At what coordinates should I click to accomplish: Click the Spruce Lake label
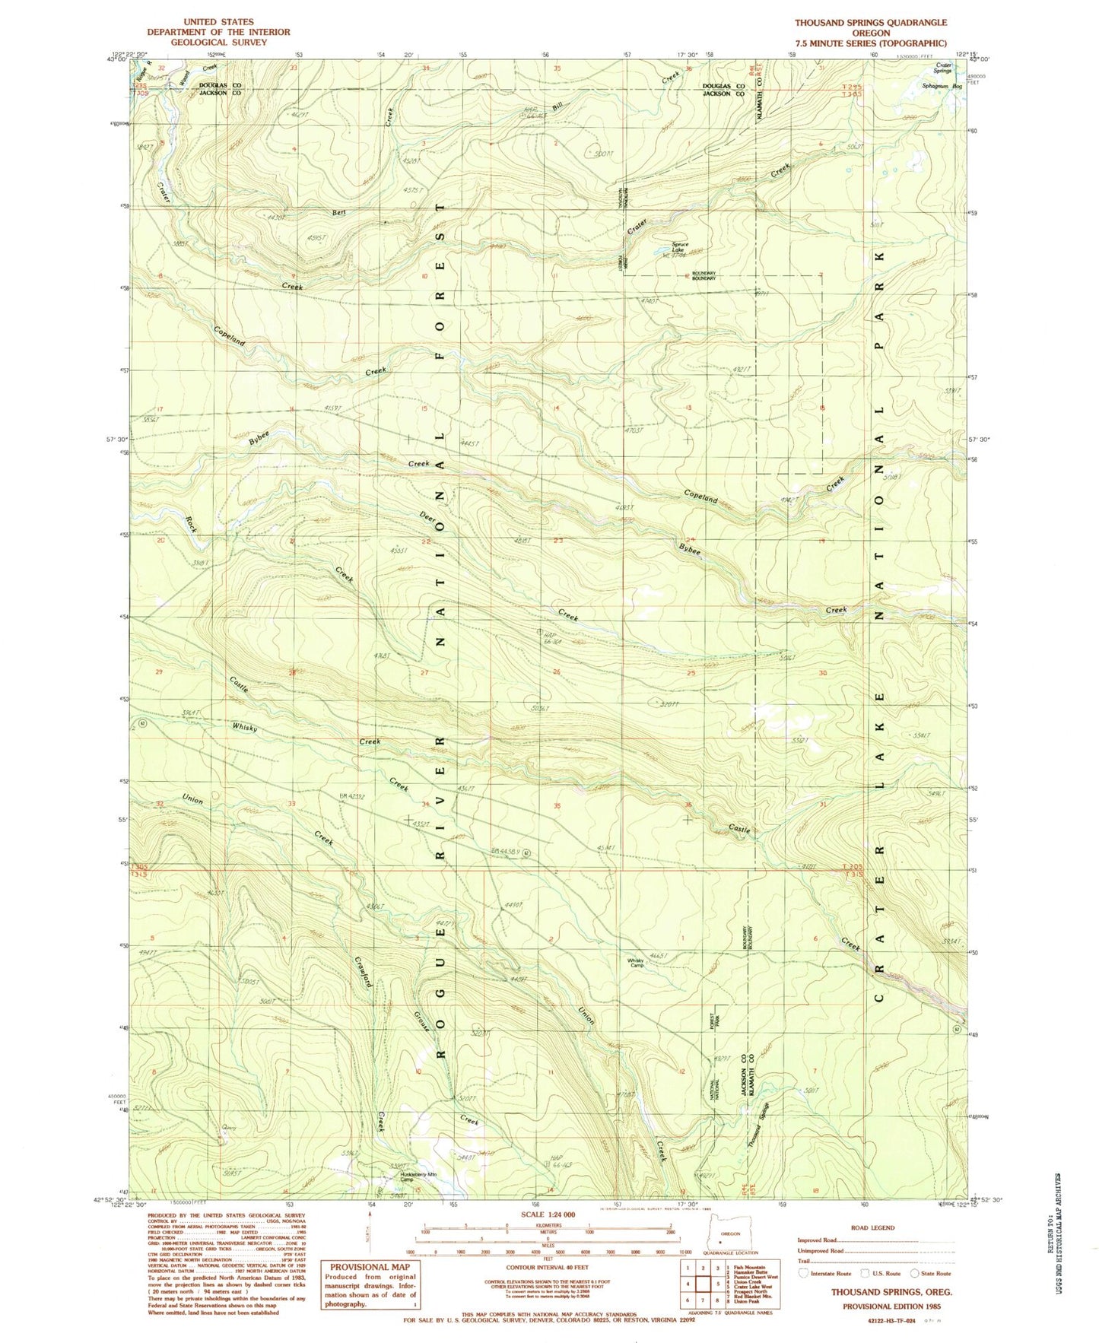pos(679,247)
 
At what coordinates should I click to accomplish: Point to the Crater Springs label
pos(939,69)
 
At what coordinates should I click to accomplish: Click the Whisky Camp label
pos(636,963)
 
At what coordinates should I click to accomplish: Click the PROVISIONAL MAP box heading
pos(370,1267)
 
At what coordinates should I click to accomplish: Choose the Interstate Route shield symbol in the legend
pos(805,1273)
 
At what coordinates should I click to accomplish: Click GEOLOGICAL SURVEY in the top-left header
pos(218,43)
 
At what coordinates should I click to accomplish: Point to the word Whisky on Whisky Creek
pos(245,728)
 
